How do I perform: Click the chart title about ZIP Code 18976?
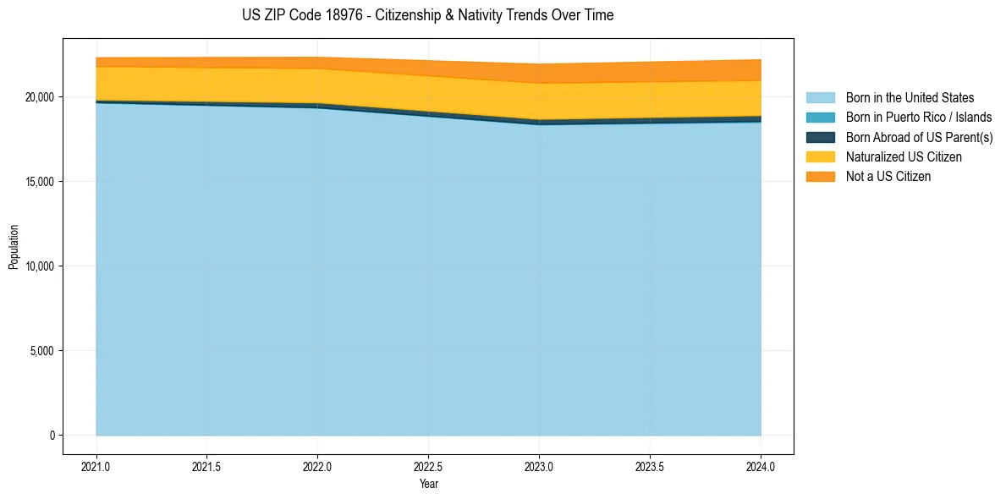pyautogui.click(x=427, y=15)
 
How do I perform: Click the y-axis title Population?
pyautogui.click(x=14, y=246)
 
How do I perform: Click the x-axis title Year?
pyautogui.click(x=428, y=484)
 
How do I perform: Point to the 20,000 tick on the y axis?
pyautogui.click(x=38, y=97)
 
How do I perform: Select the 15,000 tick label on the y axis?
pyautogui.click(x=38, y=182)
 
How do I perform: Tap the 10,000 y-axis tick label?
pyautogui.click(x=38, y=266)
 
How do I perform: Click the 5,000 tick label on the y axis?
pyautogui.click(x=41, y=351)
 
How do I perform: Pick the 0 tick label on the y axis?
pyautogui.click(x=52, y=436)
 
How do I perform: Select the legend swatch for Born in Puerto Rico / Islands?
pyautogui.click(x=820, y=118)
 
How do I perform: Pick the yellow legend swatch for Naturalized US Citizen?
pyautogui.click(x=820, y=156)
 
